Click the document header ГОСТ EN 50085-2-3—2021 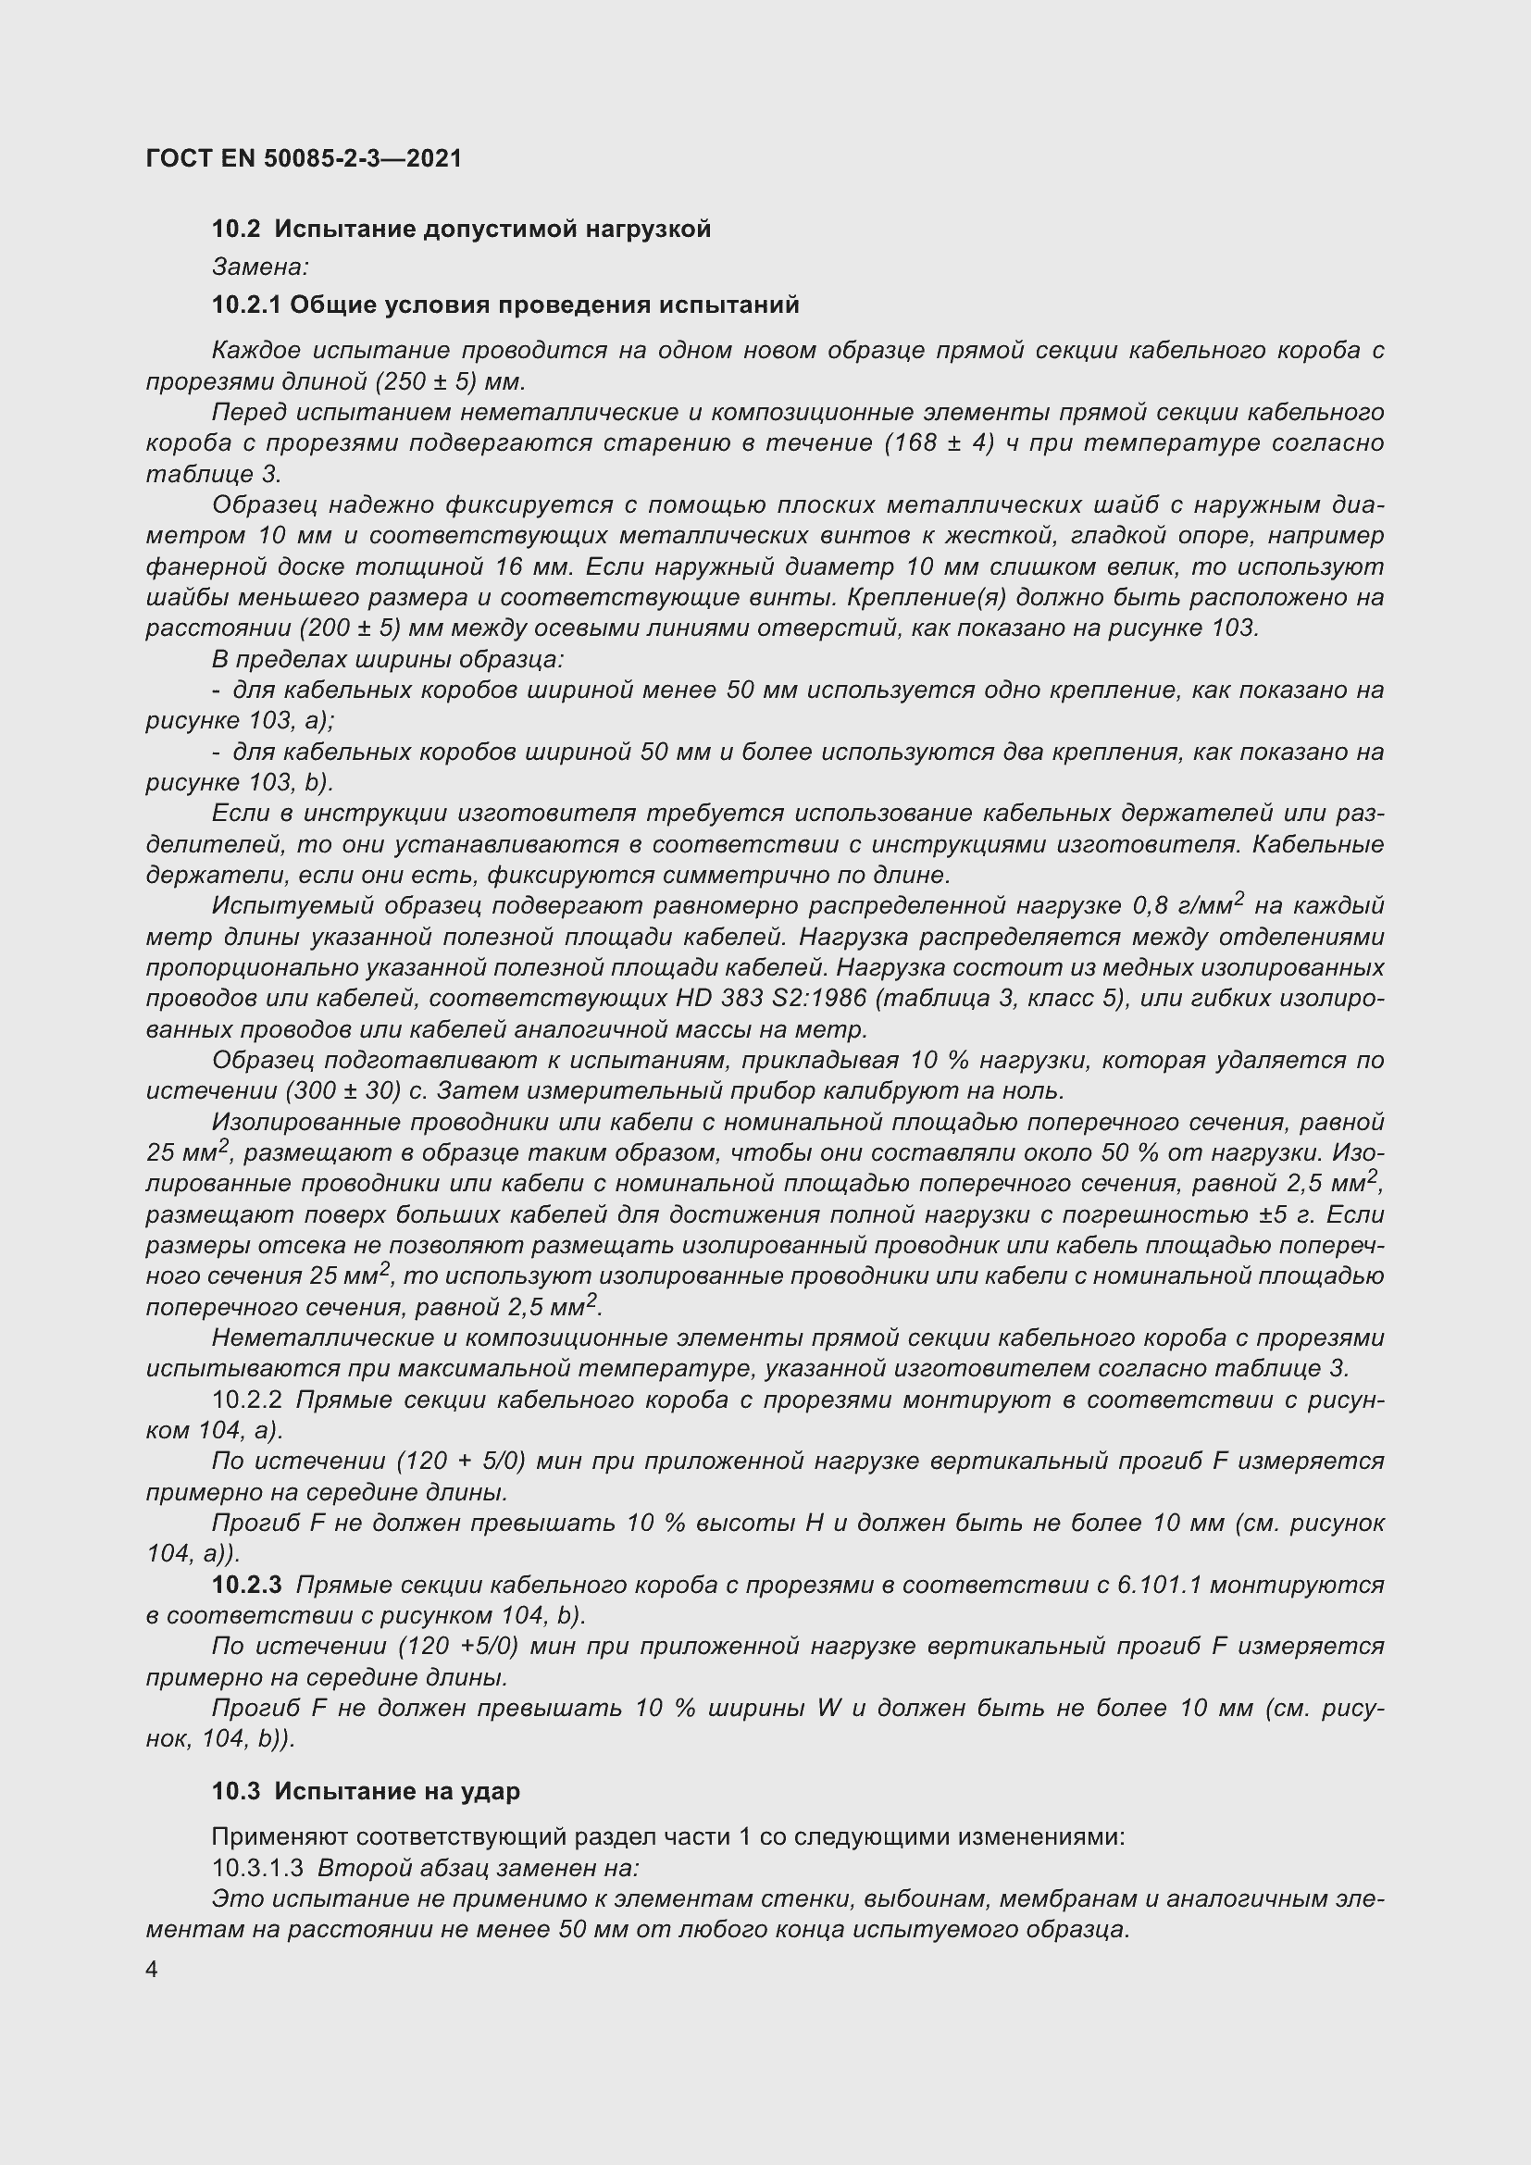[304, 158]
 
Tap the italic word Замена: [260, 267]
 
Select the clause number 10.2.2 [247, 1400]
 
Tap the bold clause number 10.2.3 [247, 1585]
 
